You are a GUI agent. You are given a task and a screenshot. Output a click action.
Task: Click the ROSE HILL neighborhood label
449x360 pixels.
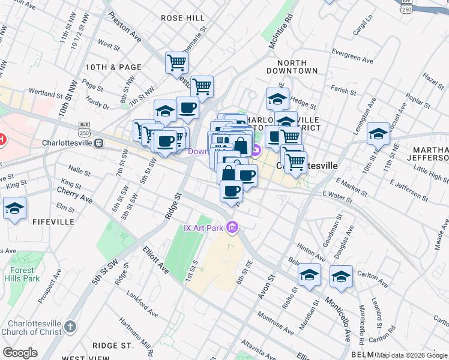point(183,18)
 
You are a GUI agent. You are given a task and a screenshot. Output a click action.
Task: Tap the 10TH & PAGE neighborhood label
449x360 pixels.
point(113,67)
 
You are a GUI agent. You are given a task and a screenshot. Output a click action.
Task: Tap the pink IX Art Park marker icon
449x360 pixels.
point(233,227)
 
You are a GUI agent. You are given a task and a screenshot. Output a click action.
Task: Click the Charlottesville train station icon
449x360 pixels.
point(98,143)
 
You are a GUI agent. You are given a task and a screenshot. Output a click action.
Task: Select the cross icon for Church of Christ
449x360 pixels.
point(70,327)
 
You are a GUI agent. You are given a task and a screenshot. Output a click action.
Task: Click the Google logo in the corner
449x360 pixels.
point(20,353)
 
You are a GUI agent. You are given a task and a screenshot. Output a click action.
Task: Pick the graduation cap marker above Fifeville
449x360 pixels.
point(14,209)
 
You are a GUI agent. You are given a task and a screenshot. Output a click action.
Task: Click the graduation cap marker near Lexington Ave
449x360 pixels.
point(378,134)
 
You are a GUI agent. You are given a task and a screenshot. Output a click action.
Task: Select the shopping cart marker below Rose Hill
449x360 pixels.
point(177,61)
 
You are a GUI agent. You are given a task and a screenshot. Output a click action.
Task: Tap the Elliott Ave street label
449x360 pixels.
point(156,260)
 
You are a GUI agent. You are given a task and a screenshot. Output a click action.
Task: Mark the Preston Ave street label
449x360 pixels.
point(125,32)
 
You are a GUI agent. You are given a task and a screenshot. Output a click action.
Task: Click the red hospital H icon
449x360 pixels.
point(2,140)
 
